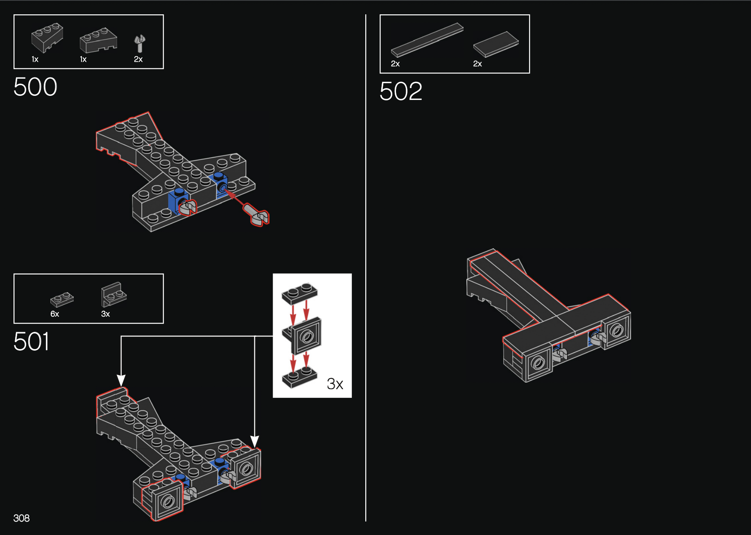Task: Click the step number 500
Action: click(35, 87)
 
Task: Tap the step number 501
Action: click(32, 342)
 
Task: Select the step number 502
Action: click(400, 91)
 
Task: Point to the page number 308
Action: click(21, 518)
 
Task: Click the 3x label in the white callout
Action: click(335, 384)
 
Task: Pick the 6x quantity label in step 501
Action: click(55, 314)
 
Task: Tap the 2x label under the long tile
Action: click(395, 63)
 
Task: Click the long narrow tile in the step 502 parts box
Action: click(427, 40)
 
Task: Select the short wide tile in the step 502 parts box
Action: click(496, 44)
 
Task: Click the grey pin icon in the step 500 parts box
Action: click(140, 43)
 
